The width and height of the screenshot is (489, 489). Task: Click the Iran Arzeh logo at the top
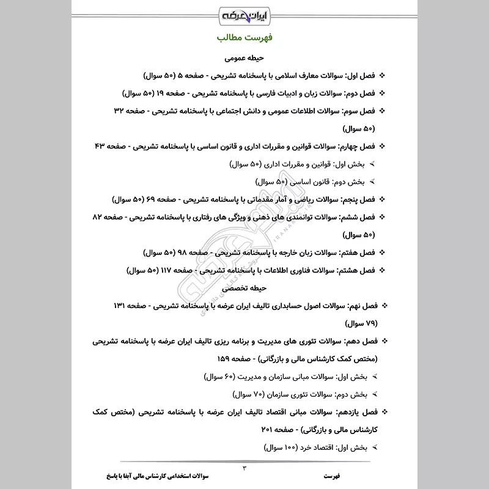[x=244, y=13]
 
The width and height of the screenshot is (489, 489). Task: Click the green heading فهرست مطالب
[x=244, y=38]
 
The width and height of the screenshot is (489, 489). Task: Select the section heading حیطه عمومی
[x=243, y=59]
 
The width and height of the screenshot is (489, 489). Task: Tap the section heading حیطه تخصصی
[x=243, y=287]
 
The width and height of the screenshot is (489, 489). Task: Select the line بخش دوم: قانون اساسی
[x=310, y=182]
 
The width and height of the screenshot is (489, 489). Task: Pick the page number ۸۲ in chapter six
[x=100, y=217]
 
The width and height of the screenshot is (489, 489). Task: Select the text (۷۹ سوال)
[x=362, y=322]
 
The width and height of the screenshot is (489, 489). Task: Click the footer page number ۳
[x=244, y=468]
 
